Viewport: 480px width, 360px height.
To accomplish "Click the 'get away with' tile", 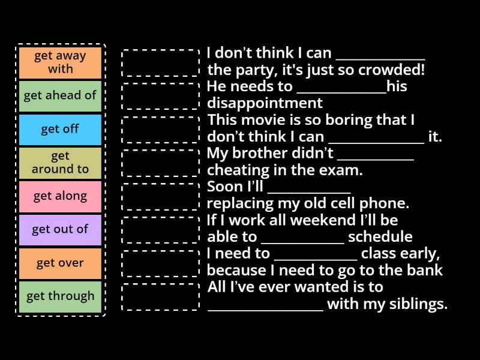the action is (x=60, y=62).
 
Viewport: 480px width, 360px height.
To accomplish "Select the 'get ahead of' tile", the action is (x=60, y=95).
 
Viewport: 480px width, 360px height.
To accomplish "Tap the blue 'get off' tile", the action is (x=60, y=129).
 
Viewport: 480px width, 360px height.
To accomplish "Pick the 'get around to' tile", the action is (x=60, y=163).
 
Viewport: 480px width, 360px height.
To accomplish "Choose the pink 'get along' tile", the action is (x=60, y=196).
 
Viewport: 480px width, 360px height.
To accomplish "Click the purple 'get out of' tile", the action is (x=60, y=229).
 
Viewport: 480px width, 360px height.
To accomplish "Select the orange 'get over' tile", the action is (x=60, y=263).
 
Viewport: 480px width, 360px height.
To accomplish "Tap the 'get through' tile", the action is (x=60, y=296).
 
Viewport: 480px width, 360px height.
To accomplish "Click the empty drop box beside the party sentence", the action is (x=160, y=62).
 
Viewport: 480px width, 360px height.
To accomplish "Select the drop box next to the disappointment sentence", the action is (x=160, y=95).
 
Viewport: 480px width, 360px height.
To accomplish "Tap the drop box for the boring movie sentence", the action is (x=160, y=129).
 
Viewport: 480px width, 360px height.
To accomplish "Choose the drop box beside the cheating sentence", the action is (x=160, y=163).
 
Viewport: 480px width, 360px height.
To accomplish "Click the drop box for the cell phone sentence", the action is (x=160, y=196).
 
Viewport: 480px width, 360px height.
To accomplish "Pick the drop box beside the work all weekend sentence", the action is (x=160, y=229).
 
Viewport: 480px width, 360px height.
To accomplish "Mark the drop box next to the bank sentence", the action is (x=160, y=263).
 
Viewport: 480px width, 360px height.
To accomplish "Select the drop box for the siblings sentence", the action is (x=160, y=296).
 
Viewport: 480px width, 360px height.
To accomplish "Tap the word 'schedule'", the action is (x=380, y=237).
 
